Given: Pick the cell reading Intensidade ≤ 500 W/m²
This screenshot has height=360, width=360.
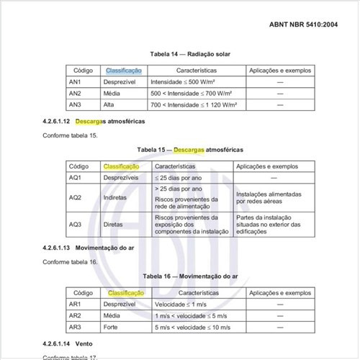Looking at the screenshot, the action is tap(184, 83).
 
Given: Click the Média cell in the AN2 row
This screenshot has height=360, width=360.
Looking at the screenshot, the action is tap(112, 94).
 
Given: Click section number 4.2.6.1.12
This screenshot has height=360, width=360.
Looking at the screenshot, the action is tap(56, 121).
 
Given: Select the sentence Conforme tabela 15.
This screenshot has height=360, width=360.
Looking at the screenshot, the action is tap(70, 135).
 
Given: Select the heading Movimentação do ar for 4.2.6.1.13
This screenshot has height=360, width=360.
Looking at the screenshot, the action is tap(105, 248).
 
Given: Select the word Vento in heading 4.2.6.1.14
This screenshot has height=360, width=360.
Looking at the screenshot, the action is tap(84, 343).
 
